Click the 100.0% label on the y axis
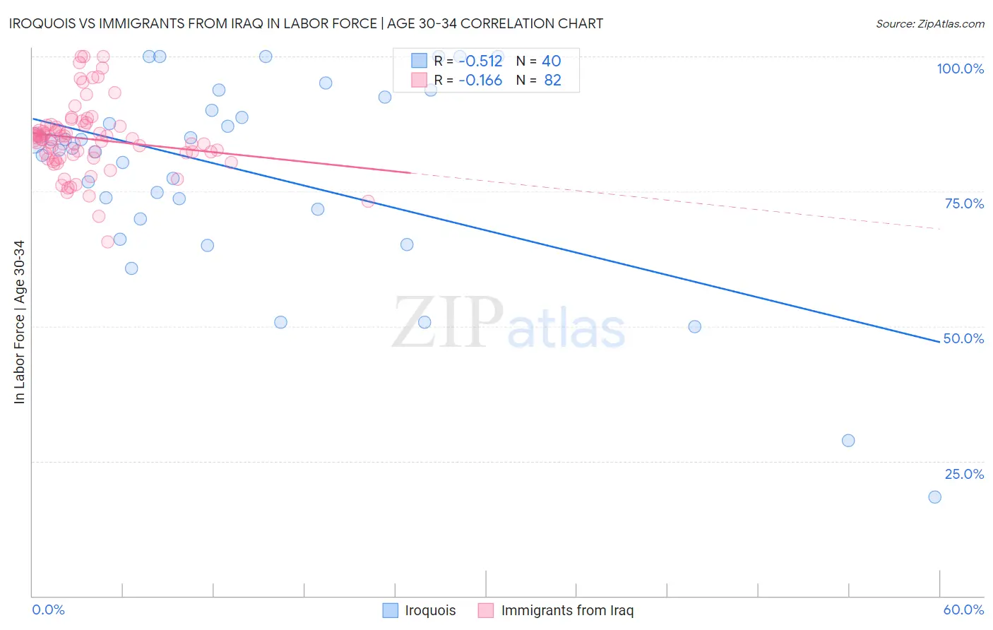pos(960,69)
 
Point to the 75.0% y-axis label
pos(964,203)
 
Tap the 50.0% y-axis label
pos(963,338)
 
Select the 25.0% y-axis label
pos(964,474)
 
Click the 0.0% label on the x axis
pos(48,610)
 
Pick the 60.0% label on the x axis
pos(963,610)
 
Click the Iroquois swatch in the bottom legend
pos(391,610)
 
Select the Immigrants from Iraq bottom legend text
pos(567,610)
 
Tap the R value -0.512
pos(480,61)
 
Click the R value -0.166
pos(480,81)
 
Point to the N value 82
pos(552,81)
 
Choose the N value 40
pos(551,61)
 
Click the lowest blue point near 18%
pos(934,497)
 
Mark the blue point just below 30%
pos(848,441)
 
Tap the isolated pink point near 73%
pos(368,201)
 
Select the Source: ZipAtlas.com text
pos(929,24)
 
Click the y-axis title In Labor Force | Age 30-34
pos(19,322)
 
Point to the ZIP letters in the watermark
pos(448,322)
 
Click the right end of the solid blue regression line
pos(939,342)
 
